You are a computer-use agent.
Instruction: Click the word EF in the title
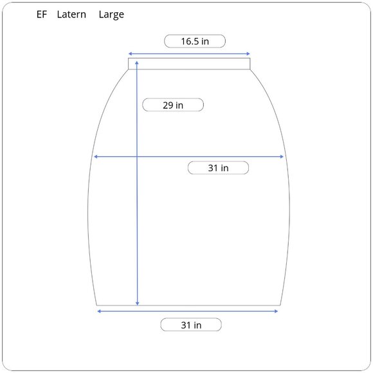pyautogui.click(x=42, y=15)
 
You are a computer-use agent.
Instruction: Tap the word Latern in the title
pyautogui.click(x=71, y=15)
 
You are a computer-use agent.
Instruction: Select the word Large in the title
pyautogui.click(x=111, y=15)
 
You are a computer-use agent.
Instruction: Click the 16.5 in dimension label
pyautogui.click(x=195, y=41)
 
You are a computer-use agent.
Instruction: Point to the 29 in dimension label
pyautogui.click(x=173, y=105)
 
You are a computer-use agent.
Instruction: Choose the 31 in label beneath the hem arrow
pyautogui.click(x=191, y=325)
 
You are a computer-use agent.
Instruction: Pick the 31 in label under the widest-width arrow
pyautogui.click(x=218, y=168)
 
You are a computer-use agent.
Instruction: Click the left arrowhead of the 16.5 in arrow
pyautogui.click(x=130, y=54)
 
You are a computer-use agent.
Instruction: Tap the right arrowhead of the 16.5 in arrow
pyautogui.click(x=248, y=54)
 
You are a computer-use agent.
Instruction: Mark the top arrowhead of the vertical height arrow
pyautogui.click(x=137, y=63)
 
